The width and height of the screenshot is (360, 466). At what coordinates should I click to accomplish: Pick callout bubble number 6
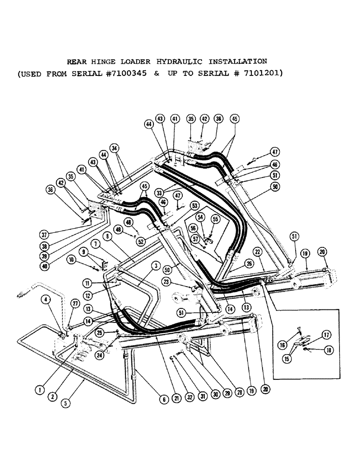pos(164,399)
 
